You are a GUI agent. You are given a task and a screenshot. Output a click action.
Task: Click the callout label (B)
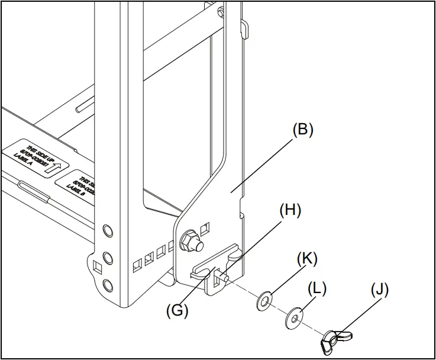click(302, 130)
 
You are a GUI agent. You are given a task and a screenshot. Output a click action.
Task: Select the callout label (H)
click(290, 210)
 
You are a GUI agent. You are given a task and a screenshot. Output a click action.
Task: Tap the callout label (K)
click(307, 259)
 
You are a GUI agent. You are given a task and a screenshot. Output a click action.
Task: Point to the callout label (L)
click(317, 288)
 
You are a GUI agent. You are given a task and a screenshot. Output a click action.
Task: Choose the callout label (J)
click(380, 292)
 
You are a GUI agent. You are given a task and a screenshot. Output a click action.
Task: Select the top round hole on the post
click(106, 229)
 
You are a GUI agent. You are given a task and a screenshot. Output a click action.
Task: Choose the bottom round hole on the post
click(106, 285)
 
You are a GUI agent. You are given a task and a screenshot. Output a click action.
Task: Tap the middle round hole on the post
click(106, 258)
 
